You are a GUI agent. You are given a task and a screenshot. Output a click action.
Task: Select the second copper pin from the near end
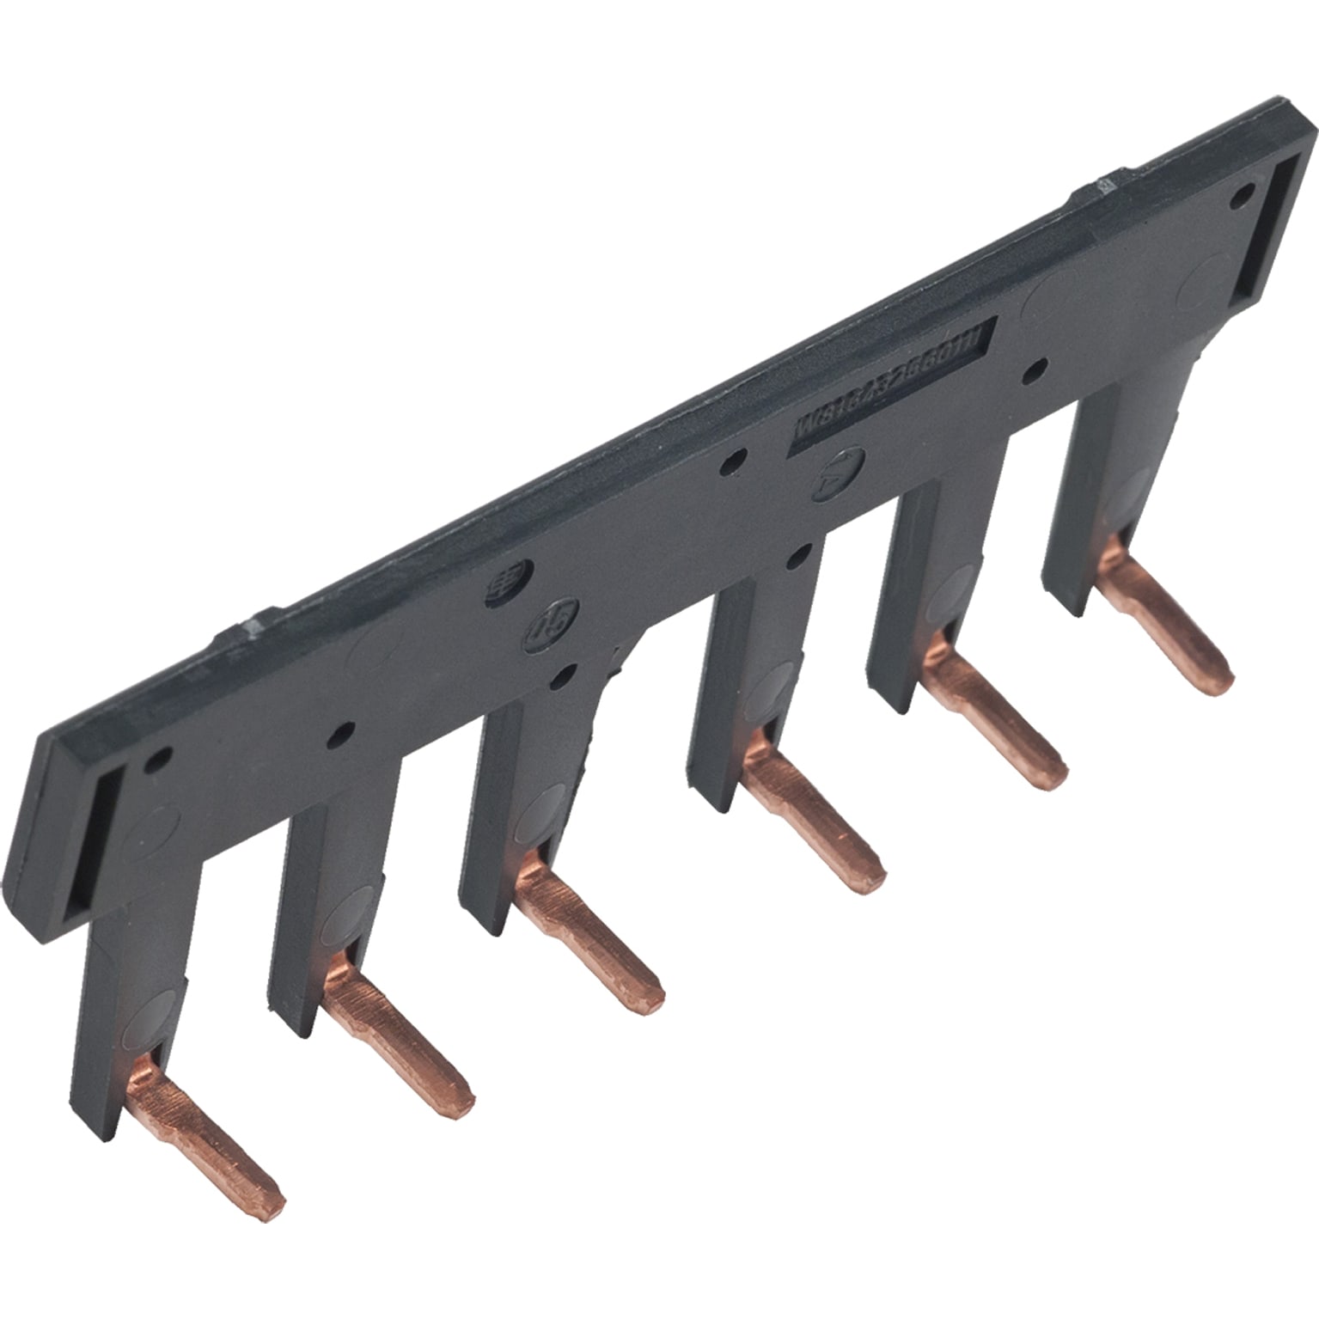[x=400, y=1047]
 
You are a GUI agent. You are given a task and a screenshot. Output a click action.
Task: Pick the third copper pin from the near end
[x=593, y=941]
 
